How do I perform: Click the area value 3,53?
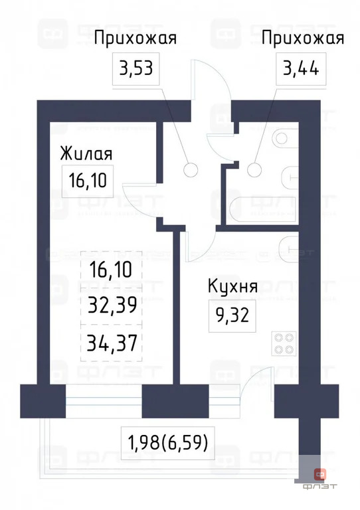click(139, 68)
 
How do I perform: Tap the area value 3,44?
click(302, 68)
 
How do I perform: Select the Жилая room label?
click(86, 153)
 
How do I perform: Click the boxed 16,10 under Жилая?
click(87, 179)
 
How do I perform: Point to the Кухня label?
click(232, 288)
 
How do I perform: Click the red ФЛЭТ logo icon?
click(321, 473)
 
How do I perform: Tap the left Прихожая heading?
click(135, 38)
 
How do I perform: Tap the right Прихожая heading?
click(303, 38)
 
